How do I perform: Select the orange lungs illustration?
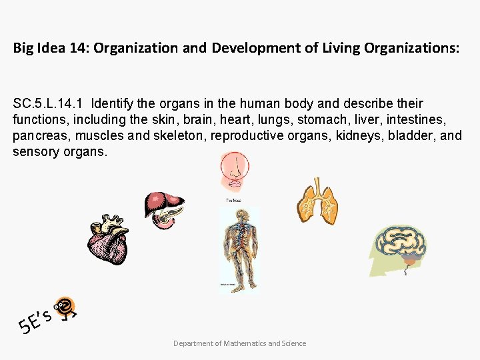[x=318, y=201]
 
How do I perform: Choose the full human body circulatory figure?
[x=239, y=250]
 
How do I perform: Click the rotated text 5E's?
[x=37, y=319]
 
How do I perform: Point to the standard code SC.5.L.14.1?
[x=50, y=104]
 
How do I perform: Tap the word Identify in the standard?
[x=113, y=104]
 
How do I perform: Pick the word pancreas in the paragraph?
[x=41, y=136]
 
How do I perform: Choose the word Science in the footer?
[x=294, y=343]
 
